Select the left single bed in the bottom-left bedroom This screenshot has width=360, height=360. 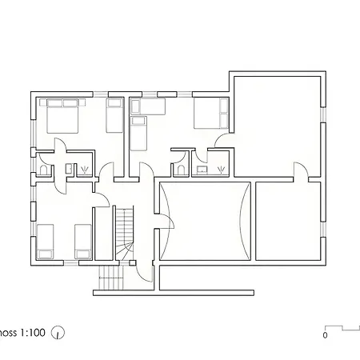point(46,241)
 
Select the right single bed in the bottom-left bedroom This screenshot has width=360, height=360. point(82,241)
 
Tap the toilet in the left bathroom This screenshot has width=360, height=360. point(43,168)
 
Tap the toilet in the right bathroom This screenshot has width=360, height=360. point(182,169)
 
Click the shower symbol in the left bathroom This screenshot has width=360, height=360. point(85,169)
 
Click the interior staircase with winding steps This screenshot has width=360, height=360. point(124,235)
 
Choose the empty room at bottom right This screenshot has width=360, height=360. point(287,222)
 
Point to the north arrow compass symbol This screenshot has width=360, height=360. point(58,332)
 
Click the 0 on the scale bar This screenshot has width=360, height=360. point(326,336)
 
